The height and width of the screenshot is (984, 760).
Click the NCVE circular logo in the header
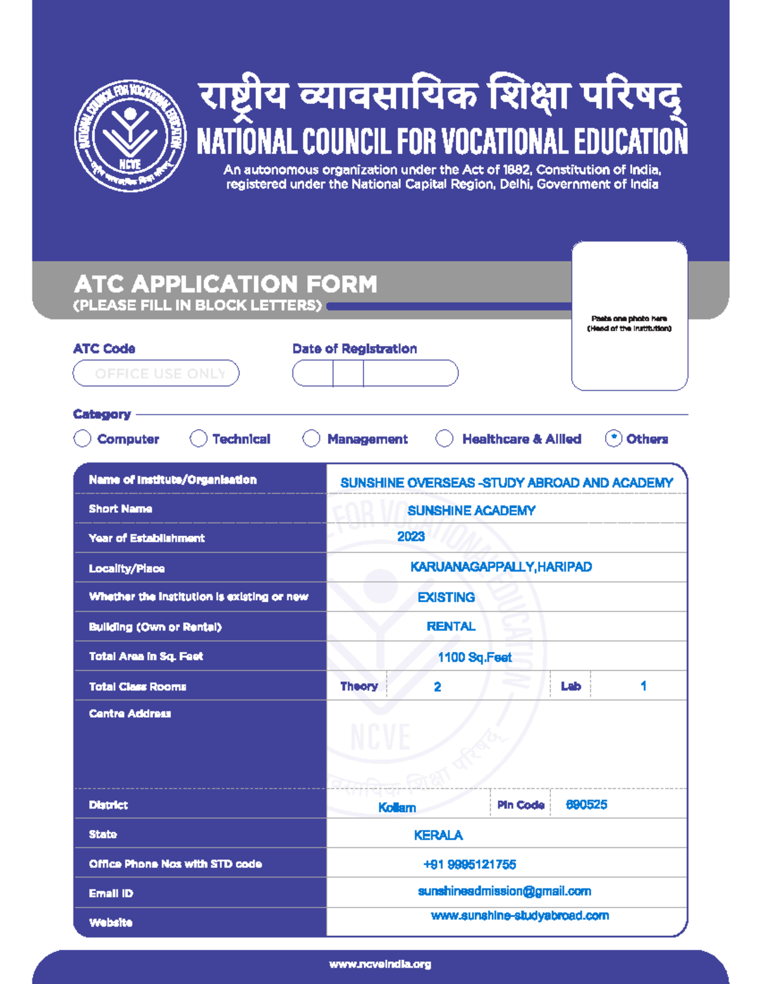(x=130, y=136)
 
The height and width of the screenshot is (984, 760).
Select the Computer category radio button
(x=82, y=438)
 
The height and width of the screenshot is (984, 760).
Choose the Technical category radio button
(x=198, y=438)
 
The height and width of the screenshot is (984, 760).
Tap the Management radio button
(x=311, y=438)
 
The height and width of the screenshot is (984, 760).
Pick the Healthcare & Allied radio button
(x=445, y=438)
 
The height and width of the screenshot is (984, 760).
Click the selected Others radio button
(x=613, y=438)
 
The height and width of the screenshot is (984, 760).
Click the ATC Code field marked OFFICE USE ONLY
(x=156, y=373)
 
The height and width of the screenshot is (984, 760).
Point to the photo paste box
(x=629, y=316)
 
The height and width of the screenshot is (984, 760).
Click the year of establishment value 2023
(x=410, y=537)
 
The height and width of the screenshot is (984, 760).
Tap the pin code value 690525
(x=586, y=805)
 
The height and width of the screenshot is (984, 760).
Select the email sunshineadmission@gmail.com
(x=504, y=891)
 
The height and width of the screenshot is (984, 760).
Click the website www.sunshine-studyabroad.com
(x=519, y=916)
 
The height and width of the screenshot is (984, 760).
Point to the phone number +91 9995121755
(x=469, y=864)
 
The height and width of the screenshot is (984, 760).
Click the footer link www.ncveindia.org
(x=380, y=964)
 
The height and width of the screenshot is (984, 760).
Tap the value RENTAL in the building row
(x=450, y=627)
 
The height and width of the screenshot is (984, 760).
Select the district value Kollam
(x=397, y=807)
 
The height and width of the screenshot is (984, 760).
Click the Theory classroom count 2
(x=437, y=687)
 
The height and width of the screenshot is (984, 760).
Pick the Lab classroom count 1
(x=643, y=686)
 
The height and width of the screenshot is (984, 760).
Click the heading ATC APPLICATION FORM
(x=225, y=284)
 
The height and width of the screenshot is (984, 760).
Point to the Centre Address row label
(x=130, y=713)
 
